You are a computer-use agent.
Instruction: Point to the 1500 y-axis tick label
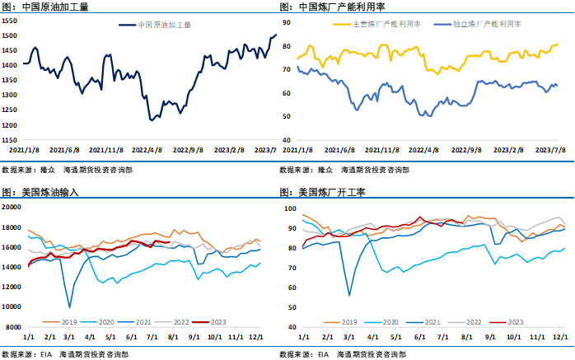(10, 36)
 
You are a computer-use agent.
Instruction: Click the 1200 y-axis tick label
(10, 125)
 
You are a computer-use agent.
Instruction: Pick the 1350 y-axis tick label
(10, 81)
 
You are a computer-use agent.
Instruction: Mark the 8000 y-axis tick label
(13, 327)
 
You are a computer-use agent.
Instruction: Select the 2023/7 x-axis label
(265, 151)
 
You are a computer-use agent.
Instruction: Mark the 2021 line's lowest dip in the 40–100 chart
(348, 295)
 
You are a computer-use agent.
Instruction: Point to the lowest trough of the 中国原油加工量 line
(152, 120)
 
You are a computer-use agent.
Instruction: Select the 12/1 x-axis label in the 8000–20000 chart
(257, 336)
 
